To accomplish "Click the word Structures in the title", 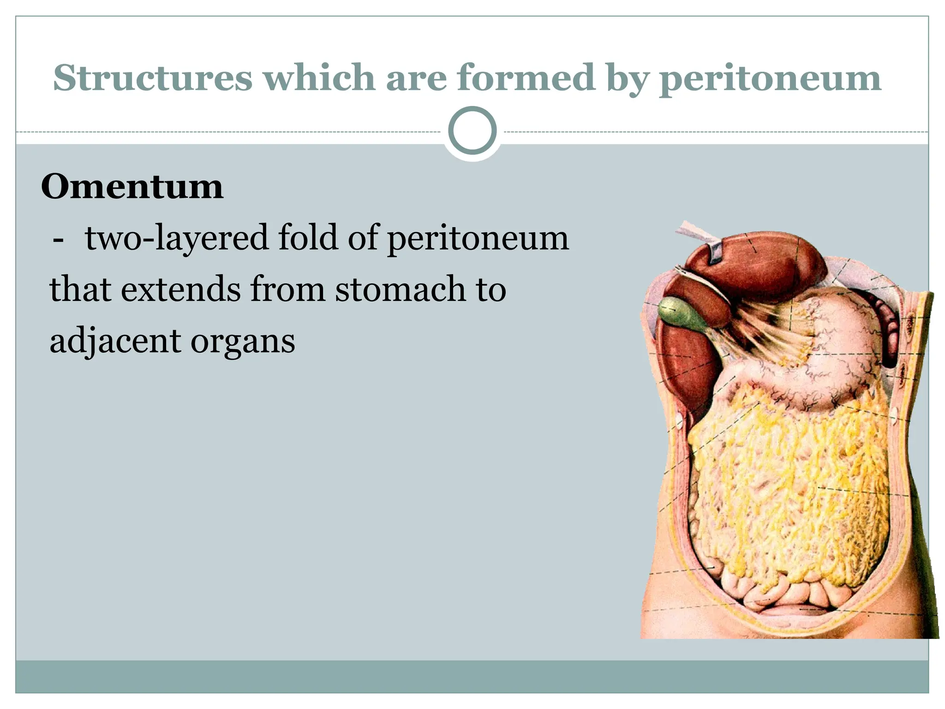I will click(x=153, y=78).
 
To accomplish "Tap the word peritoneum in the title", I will click(x=770, y=78).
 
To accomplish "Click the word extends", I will click(x=181, y=289).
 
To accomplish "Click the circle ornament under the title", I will click(x=472, y=131).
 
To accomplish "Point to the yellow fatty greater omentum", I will click(x=784, y=485).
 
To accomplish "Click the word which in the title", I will click(x=319, y=78).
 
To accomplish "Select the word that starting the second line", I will click(x=80, y=289).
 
